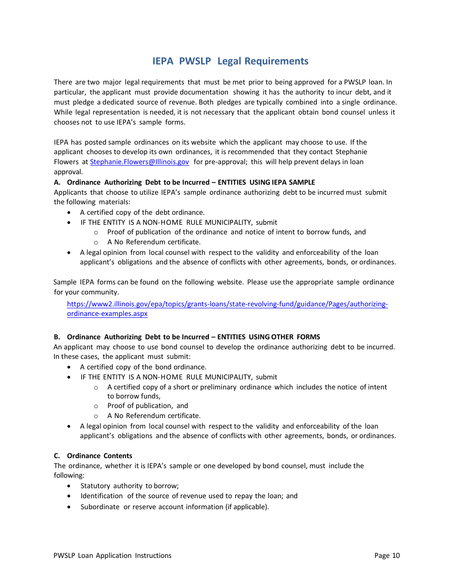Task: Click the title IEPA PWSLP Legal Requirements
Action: click(230, 61)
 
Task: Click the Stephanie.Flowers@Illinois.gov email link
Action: click(139, 162)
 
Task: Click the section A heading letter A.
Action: click(57, 182)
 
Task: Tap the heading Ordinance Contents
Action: click(99, 456)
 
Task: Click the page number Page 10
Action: click(387, 556)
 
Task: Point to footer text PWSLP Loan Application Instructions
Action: click(112, 556)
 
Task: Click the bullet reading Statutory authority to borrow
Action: click(129, 486)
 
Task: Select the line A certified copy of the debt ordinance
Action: click(142, 212)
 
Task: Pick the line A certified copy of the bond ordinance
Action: click(143, 367)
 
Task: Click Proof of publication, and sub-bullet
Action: click(148, 406)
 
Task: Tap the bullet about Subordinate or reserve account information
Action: click(174, 507)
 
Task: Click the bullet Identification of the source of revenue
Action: click(189, 496)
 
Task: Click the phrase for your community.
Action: click(86, 292)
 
